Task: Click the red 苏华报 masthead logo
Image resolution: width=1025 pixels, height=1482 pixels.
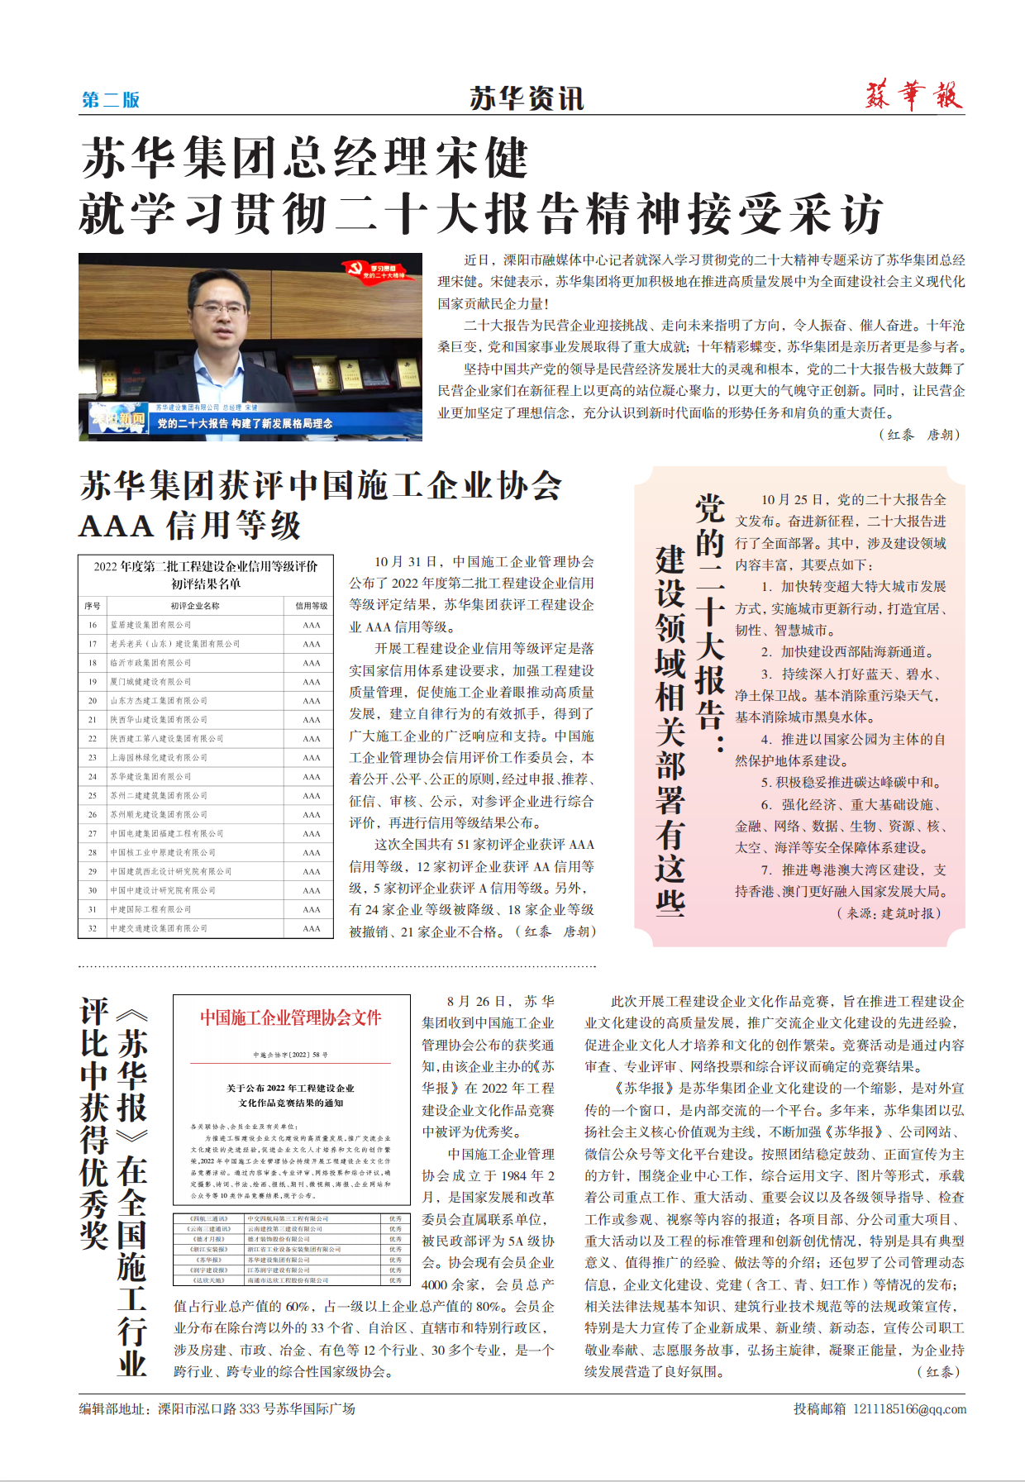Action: pyautogui.click(x=914, y=95)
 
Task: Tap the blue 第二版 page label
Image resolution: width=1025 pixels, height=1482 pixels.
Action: pyautogui.click(x=111, y=100)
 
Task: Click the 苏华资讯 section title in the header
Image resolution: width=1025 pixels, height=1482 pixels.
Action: pyautogui.click(x=527, y=98)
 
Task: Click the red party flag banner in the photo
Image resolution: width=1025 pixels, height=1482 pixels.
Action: pyautogui.click(x=376, y=271)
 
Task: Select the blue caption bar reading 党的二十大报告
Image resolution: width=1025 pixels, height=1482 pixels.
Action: pyautogui.click(x=245, y=423)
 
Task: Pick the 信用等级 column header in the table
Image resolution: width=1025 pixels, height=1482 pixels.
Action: pyautogui.click(x=311, y=606)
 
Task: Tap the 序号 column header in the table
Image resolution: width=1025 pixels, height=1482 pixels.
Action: pyautogui.click(x=93, y=606)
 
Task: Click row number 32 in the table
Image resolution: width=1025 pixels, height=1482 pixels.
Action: pyautogui.click(x=93, y=928)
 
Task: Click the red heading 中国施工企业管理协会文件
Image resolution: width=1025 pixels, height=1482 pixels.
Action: pyautogui.click(x=291, y=1017)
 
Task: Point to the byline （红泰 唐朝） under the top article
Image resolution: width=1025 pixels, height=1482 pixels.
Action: pyautogui.click(x=918, y=435)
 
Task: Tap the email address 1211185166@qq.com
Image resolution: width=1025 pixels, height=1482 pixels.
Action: pyautogui.click(x=909, y=1408)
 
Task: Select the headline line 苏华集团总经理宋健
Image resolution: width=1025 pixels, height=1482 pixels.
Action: pyautogui.click(x=304, y=159)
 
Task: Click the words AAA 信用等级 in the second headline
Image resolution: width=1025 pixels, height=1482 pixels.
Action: pyautogui.click(x=190, y=526)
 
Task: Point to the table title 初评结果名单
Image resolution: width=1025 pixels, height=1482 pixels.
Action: pyautogui.click(x=206, y=584)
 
